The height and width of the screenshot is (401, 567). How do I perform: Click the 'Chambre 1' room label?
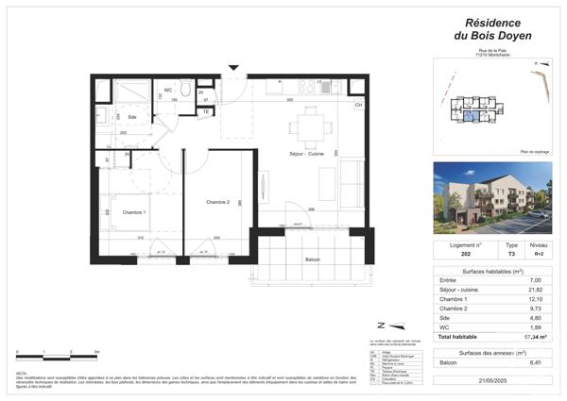(134, 212)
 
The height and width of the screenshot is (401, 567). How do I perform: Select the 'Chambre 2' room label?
(218, 202)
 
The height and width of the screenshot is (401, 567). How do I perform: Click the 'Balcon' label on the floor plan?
(311, 259)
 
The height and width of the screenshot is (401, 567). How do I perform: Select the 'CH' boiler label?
(358, 105)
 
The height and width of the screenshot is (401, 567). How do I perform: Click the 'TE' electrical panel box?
(205, 111)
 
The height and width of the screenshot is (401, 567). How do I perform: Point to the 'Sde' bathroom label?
(132, 116)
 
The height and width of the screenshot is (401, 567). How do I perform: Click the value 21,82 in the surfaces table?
(535, 290)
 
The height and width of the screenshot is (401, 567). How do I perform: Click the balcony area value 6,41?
(536, 362)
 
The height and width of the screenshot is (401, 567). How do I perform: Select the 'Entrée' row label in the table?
(449, 280)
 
